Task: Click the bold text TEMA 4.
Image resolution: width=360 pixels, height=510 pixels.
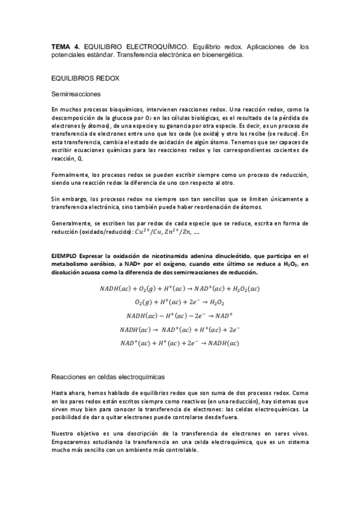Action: click(63, 46)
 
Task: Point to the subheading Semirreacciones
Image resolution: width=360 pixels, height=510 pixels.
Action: click(76, 94)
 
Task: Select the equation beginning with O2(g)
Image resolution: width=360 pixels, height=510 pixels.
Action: click(180, 302)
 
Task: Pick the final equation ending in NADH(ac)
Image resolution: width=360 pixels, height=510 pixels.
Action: click(180, 343)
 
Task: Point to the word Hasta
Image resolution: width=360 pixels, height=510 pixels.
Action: click(61, 392)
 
